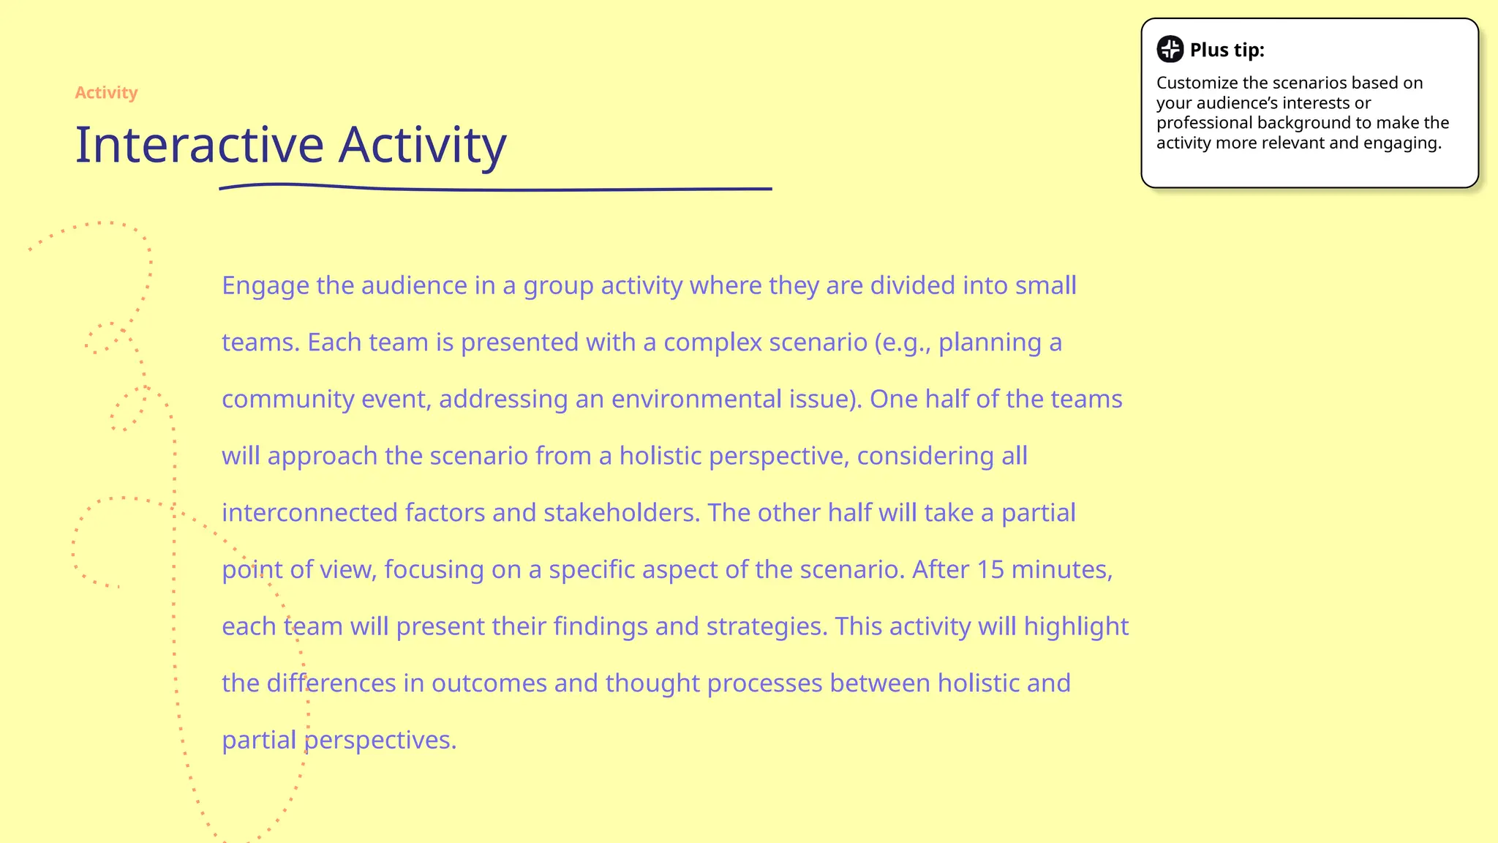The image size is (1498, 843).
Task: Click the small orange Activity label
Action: (106, 93)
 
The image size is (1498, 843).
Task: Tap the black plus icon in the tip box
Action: (1170, 49)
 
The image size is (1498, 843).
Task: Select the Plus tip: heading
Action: (1227, 50)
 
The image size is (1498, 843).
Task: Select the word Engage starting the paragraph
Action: (265, 286)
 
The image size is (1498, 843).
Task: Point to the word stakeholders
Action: (621, 513)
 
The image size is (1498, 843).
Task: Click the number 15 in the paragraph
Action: (990, 569)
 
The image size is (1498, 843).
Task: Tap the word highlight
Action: (1076, 626)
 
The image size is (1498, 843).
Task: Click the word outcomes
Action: (489, 683)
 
